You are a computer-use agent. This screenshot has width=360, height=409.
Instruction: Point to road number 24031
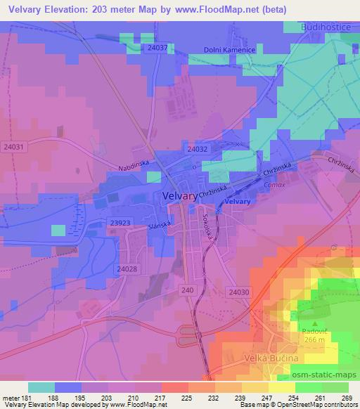point(13,147)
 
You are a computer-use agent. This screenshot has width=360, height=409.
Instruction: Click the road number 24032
point(198,150)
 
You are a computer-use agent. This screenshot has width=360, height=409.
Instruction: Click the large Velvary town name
point(179,197)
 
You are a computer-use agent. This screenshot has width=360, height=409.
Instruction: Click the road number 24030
point(239,291)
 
